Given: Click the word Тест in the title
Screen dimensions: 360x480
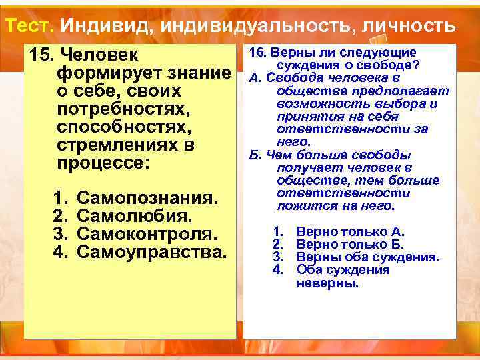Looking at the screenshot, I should tap(29, 25).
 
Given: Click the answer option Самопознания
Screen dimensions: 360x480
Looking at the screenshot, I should tap(147, 198).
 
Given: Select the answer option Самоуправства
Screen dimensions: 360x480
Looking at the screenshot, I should tap(152, 252).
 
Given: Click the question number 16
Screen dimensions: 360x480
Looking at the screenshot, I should tap(259, 53).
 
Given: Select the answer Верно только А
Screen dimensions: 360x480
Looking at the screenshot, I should tap(351, 232).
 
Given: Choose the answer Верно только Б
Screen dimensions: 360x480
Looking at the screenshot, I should tap(351, 245).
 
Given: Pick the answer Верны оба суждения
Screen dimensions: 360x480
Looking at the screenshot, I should tap(367, 257).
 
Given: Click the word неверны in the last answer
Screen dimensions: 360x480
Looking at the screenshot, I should tap(327, 283).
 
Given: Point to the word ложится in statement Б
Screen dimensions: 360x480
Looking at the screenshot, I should tap(301, 205).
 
